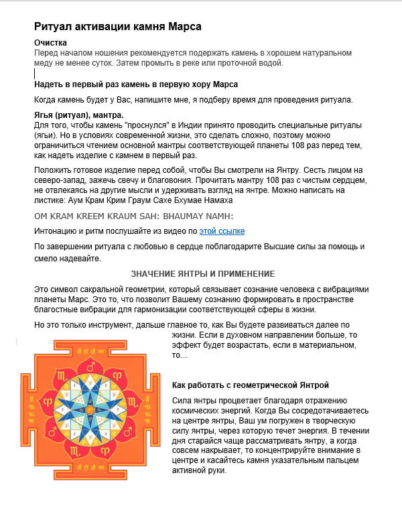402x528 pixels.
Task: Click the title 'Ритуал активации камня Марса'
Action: (118, 27)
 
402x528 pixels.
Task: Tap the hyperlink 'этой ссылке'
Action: (222, 231)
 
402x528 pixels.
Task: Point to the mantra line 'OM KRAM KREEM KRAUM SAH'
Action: (133, 215)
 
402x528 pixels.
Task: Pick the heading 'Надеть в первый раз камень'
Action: (136, 84)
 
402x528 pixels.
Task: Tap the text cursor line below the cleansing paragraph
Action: (35, 73)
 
